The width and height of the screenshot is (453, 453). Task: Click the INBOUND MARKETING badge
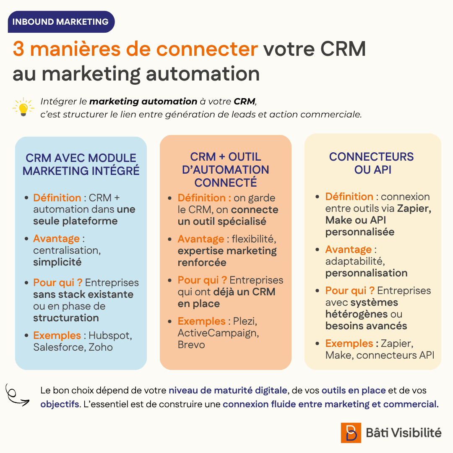pyautogui.click(x=61, y=22)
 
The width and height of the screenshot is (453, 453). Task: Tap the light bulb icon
pyautogui.click(x=23, y=107)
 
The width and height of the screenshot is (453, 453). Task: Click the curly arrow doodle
pyautogui.click(x=16, y=395)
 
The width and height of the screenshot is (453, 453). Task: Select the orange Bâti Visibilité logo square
pyautogui.click(x=351, y=433)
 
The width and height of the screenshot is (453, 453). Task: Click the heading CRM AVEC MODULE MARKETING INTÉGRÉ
pyautogui.click(x=81, y=164)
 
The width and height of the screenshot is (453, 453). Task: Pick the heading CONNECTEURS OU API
pyautogui.click(x=372, y=163)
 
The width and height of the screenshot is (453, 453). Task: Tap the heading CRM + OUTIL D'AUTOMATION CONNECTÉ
pyautogui.click(x=226, y=169)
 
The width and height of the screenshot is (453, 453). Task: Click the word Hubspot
pyautogui.click(x=110, y=336)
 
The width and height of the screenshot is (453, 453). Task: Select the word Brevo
pyautogui.click(x=191, y=345)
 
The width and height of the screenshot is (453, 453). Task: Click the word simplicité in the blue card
pyautogui.click(x=57, y=262)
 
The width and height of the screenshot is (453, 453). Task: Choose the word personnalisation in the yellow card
pyautogui.click(x=366, y=273)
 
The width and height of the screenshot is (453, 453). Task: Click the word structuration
pyautogui.click(x=66, y=318)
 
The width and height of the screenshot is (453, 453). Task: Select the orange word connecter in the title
pyautogui.click(x=207, y=49)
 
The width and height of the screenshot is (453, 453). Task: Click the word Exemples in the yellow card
pyautogui.click(x=349, y=343)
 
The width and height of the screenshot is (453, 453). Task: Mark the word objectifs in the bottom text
pyautogui.click(x=60, y=404)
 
